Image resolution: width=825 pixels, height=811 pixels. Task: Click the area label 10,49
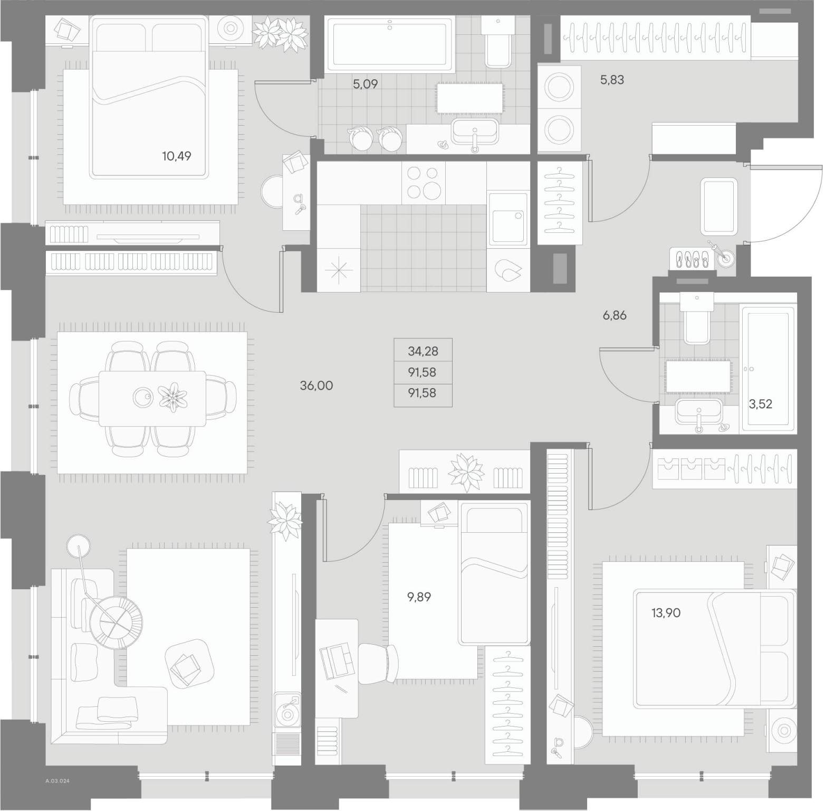point(177,156)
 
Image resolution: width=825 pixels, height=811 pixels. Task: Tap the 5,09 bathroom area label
point(365,83)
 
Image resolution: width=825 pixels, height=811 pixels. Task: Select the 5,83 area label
point(612,80)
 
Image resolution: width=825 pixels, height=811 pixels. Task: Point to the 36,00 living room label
point(316,385)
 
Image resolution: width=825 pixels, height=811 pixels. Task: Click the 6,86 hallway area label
point(615,316)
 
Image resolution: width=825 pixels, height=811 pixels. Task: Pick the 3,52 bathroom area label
point(761,404)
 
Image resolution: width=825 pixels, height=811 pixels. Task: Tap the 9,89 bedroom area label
point(419,597)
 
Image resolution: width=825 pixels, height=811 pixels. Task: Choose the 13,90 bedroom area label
point(666,613)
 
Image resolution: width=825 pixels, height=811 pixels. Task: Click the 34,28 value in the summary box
point(423,351)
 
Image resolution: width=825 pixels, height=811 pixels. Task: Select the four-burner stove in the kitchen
point(423,182)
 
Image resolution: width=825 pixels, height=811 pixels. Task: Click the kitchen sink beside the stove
point(508,219)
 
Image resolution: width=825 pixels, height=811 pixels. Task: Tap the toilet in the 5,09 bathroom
point(498,42)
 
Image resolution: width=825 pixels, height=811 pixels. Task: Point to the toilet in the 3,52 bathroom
point(697,318)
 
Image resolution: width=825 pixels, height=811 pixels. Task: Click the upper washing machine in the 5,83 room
point(559,87)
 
